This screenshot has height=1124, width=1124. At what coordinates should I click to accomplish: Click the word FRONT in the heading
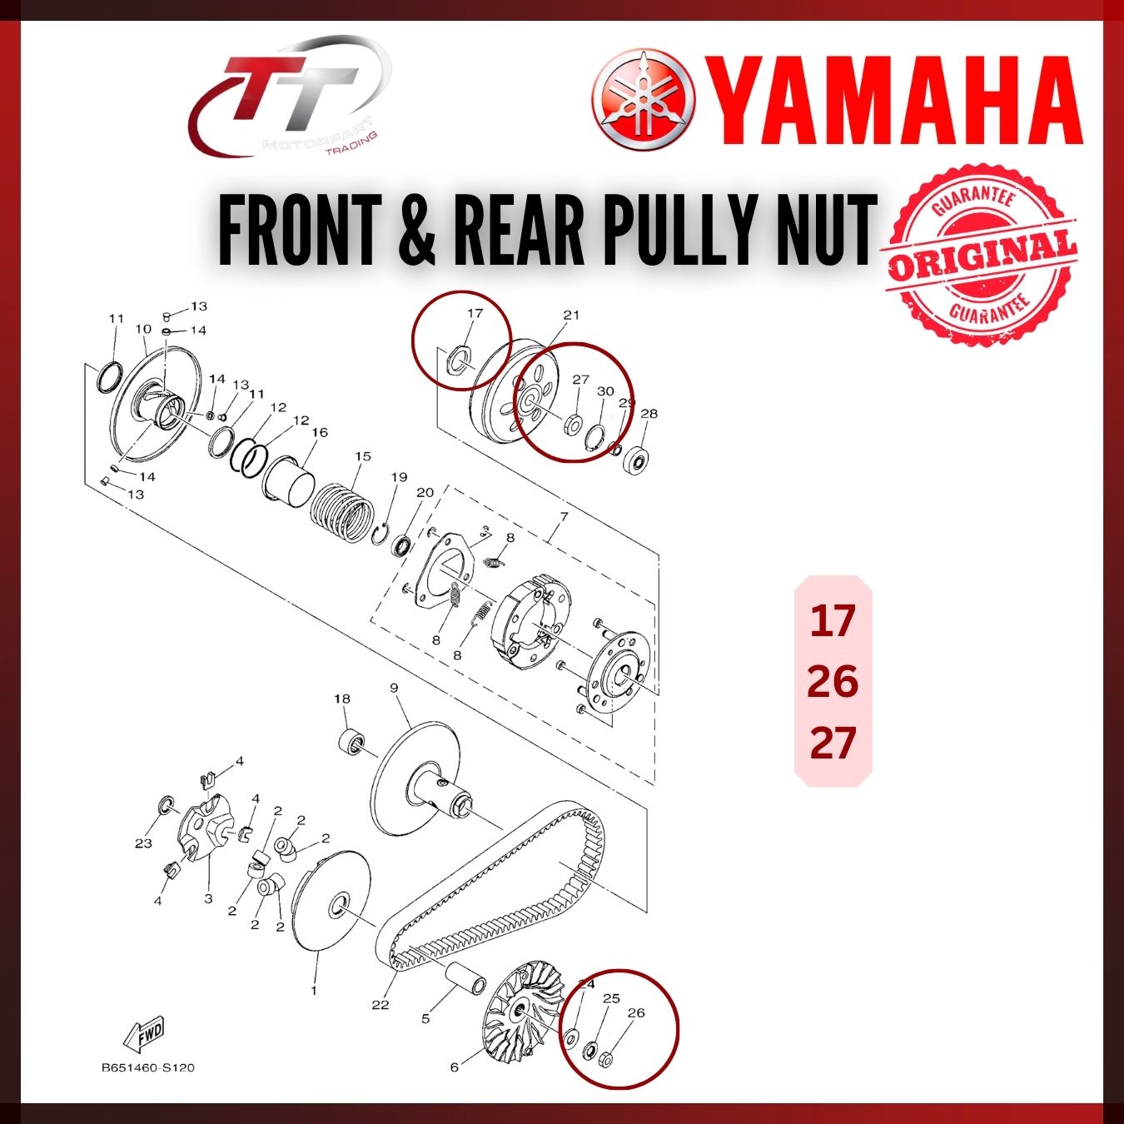pos(300,228)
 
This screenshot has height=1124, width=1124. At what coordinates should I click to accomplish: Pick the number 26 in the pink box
pos(833,681)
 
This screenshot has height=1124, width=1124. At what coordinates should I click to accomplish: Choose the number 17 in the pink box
pos(833,620)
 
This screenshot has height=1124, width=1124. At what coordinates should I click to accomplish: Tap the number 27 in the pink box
pos(833,742)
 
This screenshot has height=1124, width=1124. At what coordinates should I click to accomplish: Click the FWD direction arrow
pos(143,1034)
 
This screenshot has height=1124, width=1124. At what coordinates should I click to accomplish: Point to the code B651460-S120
pos(148,1067)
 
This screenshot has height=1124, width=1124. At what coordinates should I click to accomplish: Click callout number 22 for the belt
pos(380,1004)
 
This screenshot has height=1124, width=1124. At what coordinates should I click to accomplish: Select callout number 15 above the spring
pos(363,456)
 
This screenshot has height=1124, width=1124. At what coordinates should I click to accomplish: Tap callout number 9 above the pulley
pos(394,688)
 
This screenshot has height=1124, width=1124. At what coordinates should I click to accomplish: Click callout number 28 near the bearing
pos(649,413)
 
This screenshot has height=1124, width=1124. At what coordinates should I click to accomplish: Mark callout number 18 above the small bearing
pos(342,699)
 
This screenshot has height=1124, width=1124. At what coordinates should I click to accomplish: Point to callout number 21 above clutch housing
pos(571,315)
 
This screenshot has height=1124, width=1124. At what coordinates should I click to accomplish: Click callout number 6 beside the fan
pos(455,1067)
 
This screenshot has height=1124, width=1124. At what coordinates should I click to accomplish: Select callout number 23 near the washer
pos(143,843)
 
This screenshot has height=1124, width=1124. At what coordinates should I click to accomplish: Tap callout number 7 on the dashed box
pos(564,517)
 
